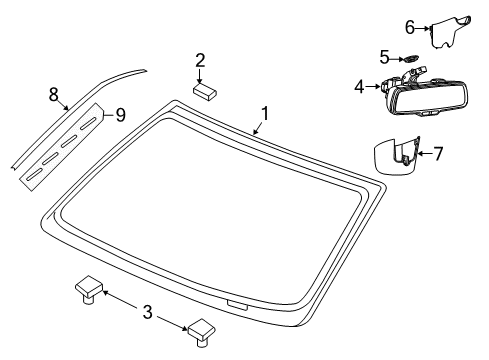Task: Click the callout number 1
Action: pyautogui.click(x=265, y=113)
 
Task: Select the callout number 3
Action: pyautogui.click(x=147, y=313)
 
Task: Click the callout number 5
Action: pyautogui.click(x=385, y=57)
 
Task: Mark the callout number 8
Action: pyautogui.click(x=53, y=94)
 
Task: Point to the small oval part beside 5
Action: pyautogui.click(x=410, y=59)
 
